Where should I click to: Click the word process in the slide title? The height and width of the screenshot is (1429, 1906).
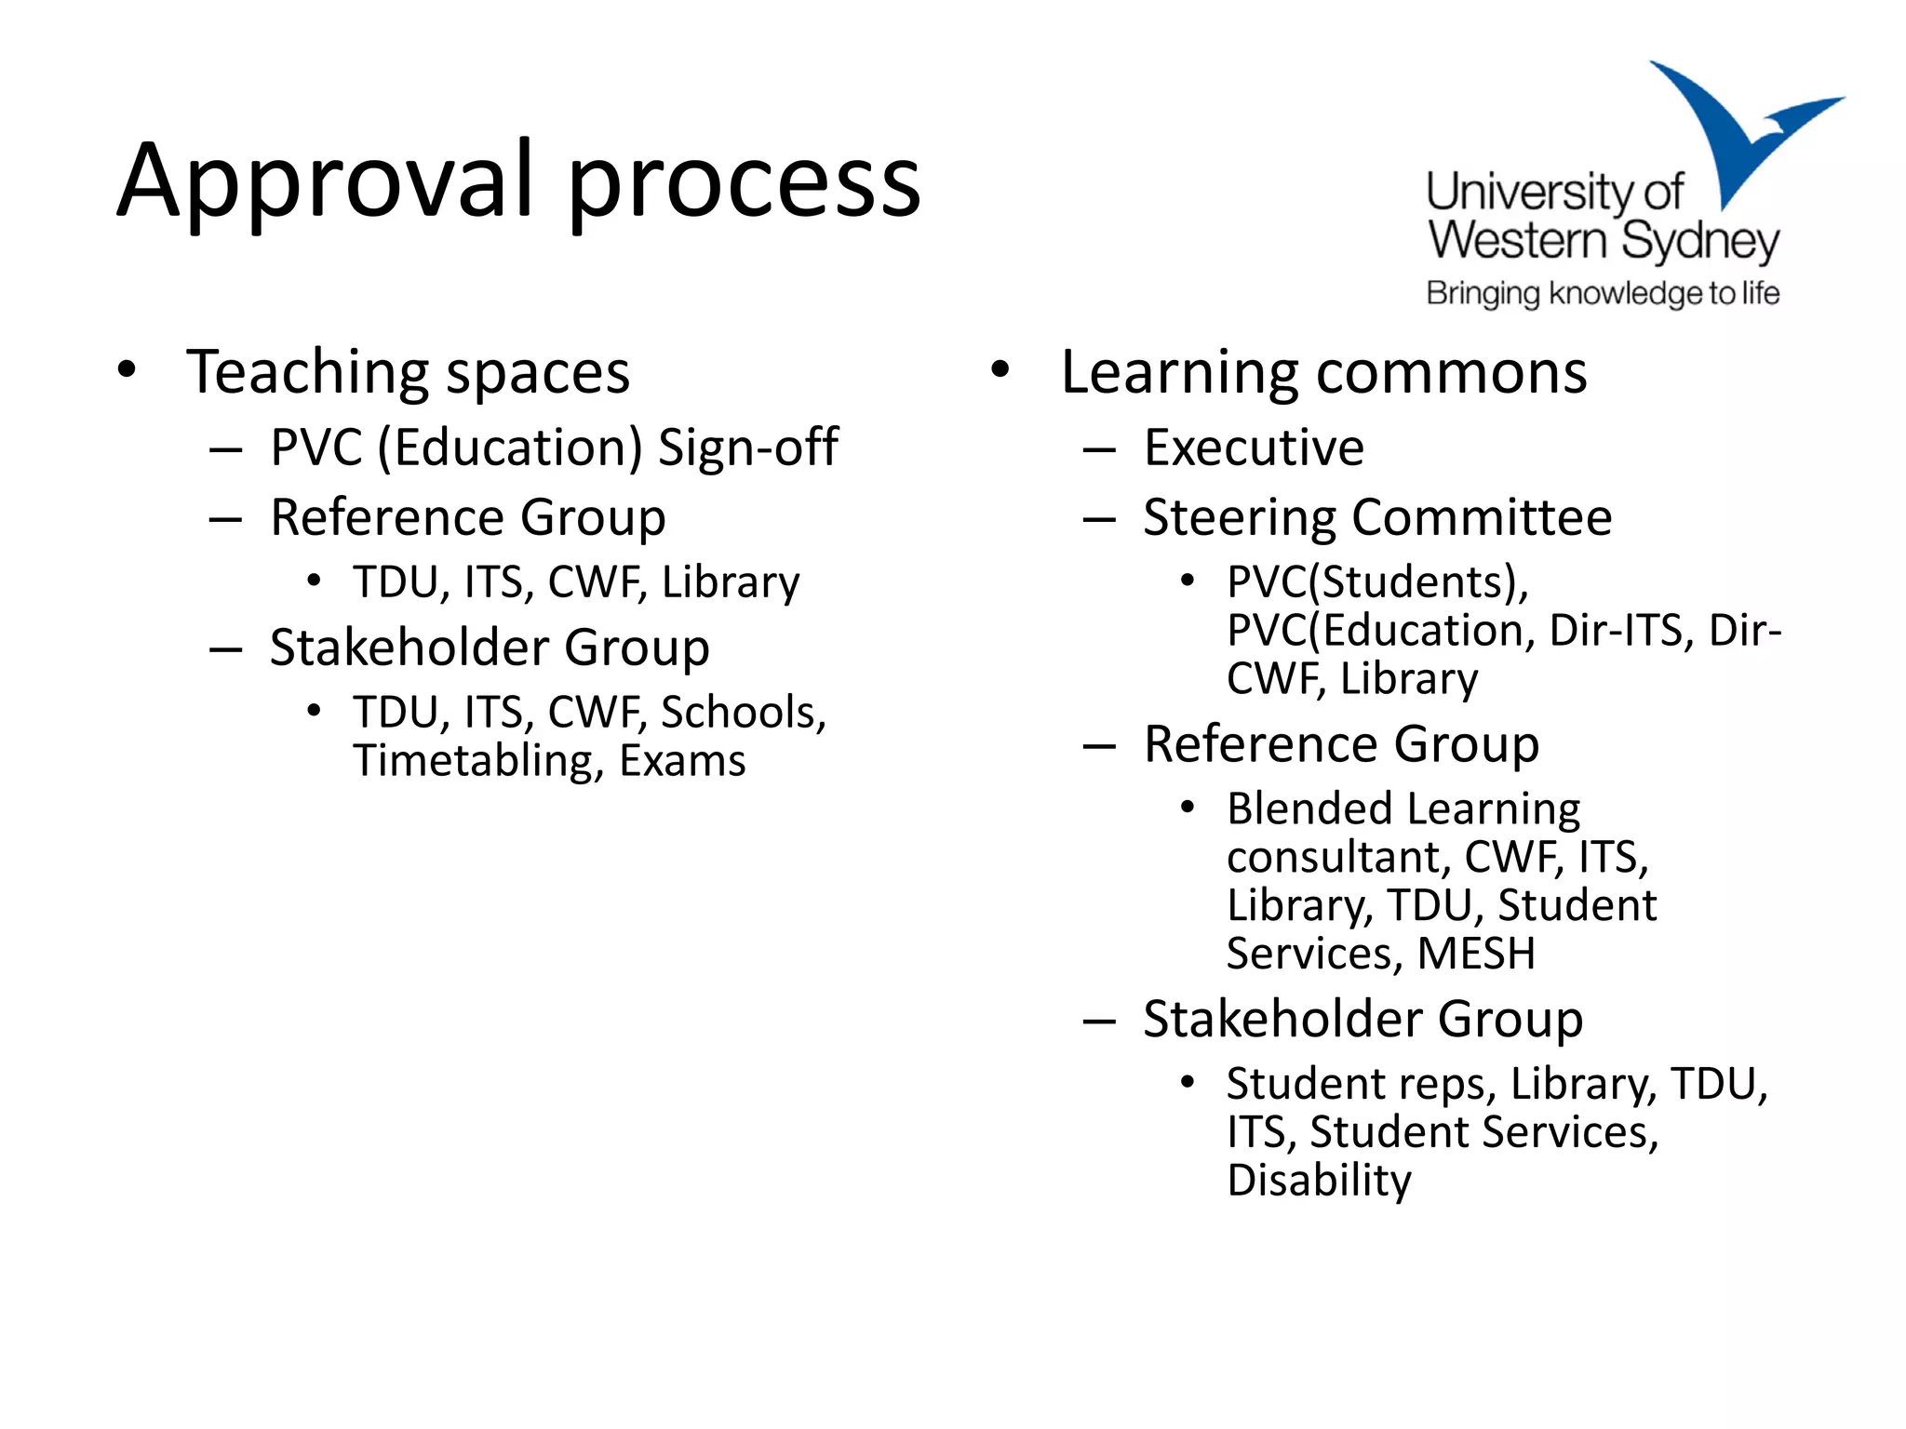744,185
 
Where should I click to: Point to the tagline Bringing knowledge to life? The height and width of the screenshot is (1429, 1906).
1603,294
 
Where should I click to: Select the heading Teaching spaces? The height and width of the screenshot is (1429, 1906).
408,373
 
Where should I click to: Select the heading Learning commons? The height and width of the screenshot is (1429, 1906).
1323,373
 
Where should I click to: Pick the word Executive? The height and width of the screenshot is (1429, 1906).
1254,448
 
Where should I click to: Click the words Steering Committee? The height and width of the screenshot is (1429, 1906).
1377,517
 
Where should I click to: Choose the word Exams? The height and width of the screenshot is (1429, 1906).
682,761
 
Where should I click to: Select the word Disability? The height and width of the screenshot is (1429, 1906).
1319,1182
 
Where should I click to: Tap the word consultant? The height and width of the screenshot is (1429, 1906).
1338,857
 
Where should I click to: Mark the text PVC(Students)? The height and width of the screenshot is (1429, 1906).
1377,582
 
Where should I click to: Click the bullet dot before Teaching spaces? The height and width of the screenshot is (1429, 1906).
127,370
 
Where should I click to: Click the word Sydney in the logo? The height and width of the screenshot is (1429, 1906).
1700,242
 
